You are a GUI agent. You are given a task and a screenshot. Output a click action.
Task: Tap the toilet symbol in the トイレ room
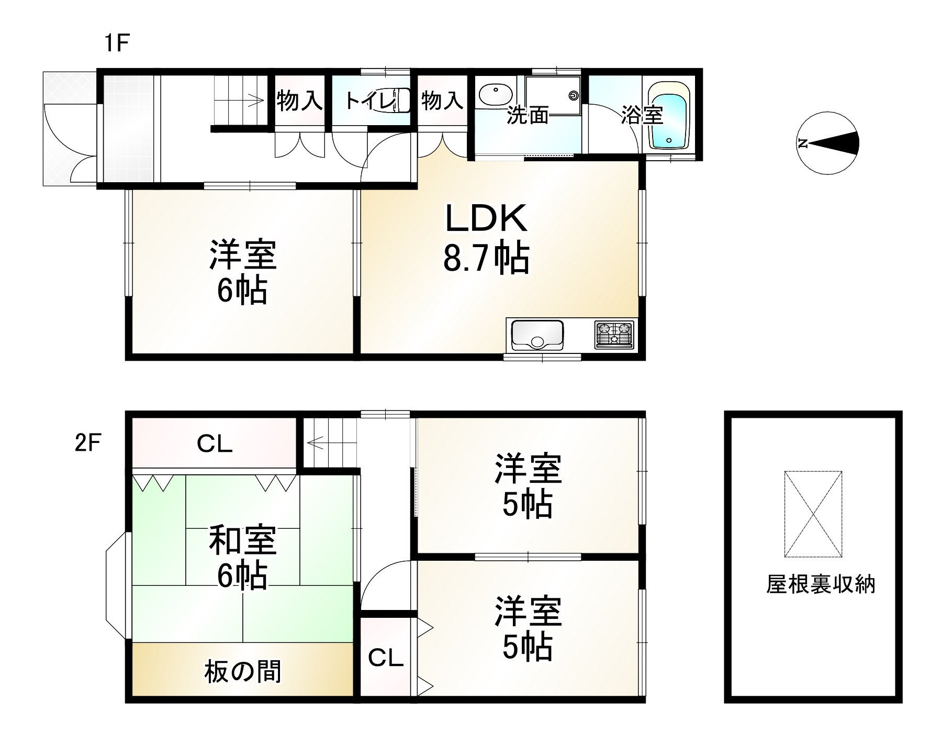pyautogui.click(x=401, y=100)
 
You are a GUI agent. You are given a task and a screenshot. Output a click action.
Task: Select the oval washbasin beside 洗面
pyautogui.click(x=495, y=96)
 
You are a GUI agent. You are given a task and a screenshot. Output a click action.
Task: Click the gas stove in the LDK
pyautogui.click(x=613, y=335)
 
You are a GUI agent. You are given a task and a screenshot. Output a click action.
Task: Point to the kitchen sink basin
pyautogui.click(x=537, y=335)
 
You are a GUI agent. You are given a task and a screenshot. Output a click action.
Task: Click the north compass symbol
pyautogui.click(x=828, y=143)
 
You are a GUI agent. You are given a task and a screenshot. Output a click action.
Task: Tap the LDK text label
pyautogui.click(x=486, y=219)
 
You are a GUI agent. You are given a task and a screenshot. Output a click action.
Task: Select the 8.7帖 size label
pyautogui.click(x=486, y=258)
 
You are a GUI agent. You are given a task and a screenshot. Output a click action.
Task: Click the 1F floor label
pyautogui.click(x=116, y=43)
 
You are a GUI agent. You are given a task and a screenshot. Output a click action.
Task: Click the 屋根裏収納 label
pyautogui.click(x=821, y=584)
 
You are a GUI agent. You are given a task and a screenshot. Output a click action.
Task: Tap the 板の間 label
pyautogui.click(x=243, y=672)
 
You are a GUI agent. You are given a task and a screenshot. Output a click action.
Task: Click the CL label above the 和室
pyautogui.click(x=215, y=445)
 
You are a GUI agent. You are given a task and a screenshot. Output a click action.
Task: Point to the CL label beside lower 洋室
pyautogui.click(x=386, y=658)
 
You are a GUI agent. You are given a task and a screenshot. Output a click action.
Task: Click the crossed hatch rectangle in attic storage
pyautogui.click(x=813, y=514)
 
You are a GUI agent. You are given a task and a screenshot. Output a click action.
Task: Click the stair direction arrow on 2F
pyautogui.click(x=316, y=443)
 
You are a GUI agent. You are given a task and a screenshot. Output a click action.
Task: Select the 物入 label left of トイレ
pyautogui.click(x=299, y=100)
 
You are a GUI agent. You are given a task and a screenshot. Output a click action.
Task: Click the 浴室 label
pyautogui.click(x=642, y=115)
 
